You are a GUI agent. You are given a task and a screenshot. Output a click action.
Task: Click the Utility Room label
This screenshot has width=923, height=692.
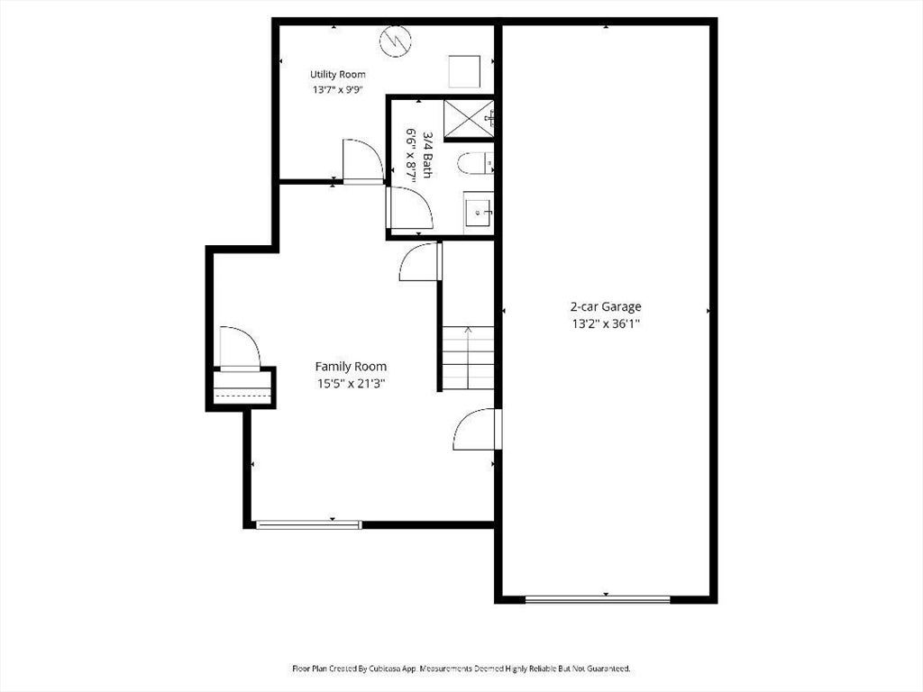(337, 75)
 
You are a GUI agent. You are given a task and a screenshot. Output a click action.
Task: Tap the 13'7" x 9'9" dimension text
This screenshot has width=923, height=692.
(337, 90)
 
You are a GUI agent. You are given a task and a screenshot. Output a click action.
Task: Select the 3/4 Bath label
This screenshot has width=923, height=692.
(427, 155)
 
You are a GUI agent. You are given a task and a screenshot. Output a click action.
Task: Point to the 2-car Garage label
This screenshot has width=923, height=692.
(606, 306)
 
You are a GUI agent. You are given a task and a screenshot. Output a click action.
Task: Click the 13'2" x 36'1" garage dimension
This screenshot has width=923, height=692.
(606, 323)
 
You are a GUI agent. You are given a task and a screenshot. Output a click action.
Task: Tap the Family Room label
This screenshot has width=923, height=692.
(351, 367)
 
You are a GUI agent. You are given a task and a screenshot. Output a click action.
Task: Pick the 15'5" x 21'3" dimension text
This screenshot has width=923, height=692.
(351, 384)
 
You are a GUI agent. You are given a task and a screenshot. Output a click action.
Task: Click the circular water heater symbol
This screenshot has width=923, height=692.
(396, 41)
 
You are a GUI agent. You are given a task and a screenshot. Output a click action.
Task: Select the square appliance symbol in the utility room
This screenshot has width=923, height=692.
(464, 71)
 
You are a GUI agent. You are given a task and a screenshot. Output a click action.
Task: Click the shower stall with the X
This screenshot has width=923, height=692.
(469, 120)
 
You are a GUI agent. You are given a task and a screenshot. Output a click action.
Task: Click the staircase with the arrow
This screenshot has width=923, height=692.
(469, 358)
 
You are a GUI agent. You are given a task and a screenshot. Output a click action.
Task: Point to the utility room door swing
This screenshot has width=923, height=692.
(362, 161)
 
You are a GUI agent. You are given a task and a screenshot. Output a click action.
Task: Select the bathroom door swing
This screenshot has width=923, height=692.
(409, 208)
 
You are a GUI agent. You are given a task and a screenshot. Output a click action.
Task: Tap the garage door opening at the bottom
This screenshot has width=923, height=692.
(598, 599)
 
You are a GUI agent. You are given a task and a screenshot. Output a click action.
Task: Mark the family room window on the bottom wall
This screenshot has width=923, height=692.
(308, 525)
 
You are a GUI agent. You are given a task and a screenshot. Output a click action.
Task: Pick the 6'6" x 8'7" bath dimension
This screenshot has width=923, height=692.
(411, 155)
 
